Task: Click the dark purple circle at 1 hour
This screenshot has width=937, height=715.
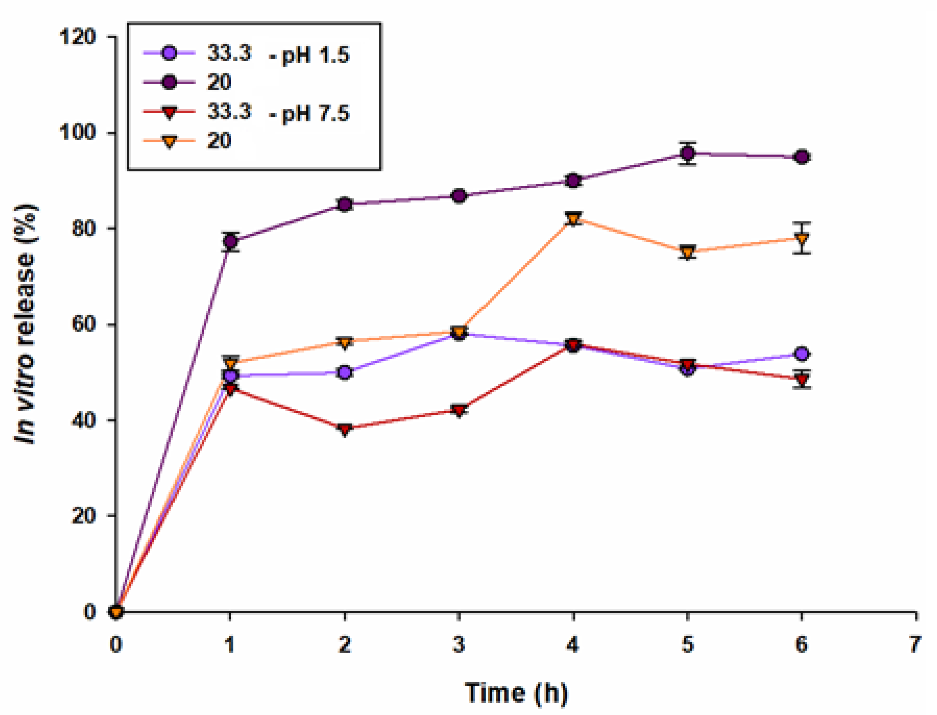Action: pos(230,242)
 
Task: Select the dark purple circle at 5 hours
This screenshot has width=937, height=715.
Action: pos(687,153)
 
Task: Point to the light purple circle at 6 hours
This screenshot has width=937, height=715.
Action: pos(802,354)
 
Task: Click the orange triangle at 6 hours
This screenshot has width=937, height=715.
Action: pos(802,238)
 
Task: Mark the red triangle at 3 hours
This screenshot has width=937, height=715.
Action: pos(459,410)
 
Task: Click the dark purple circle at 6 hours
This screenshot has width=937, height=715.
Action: pos(802,157)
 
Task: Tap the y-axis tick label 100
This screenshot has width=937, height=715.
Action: pos(77,132)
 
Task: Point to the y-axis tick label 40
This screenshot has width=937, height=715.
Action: pos(83,420)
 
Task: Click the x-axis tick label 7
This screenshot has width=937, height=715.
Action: pos(915,644)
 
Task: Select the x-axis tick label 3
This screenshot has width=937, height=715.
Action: pos(459,644)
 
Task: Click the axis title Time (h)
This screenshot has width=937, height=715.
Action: pos(516,692)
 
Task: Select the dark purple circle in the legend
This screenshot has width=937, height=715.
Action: pos(169,82)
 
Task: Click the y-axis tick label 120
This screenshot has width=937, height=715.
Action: pos(77,37)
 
